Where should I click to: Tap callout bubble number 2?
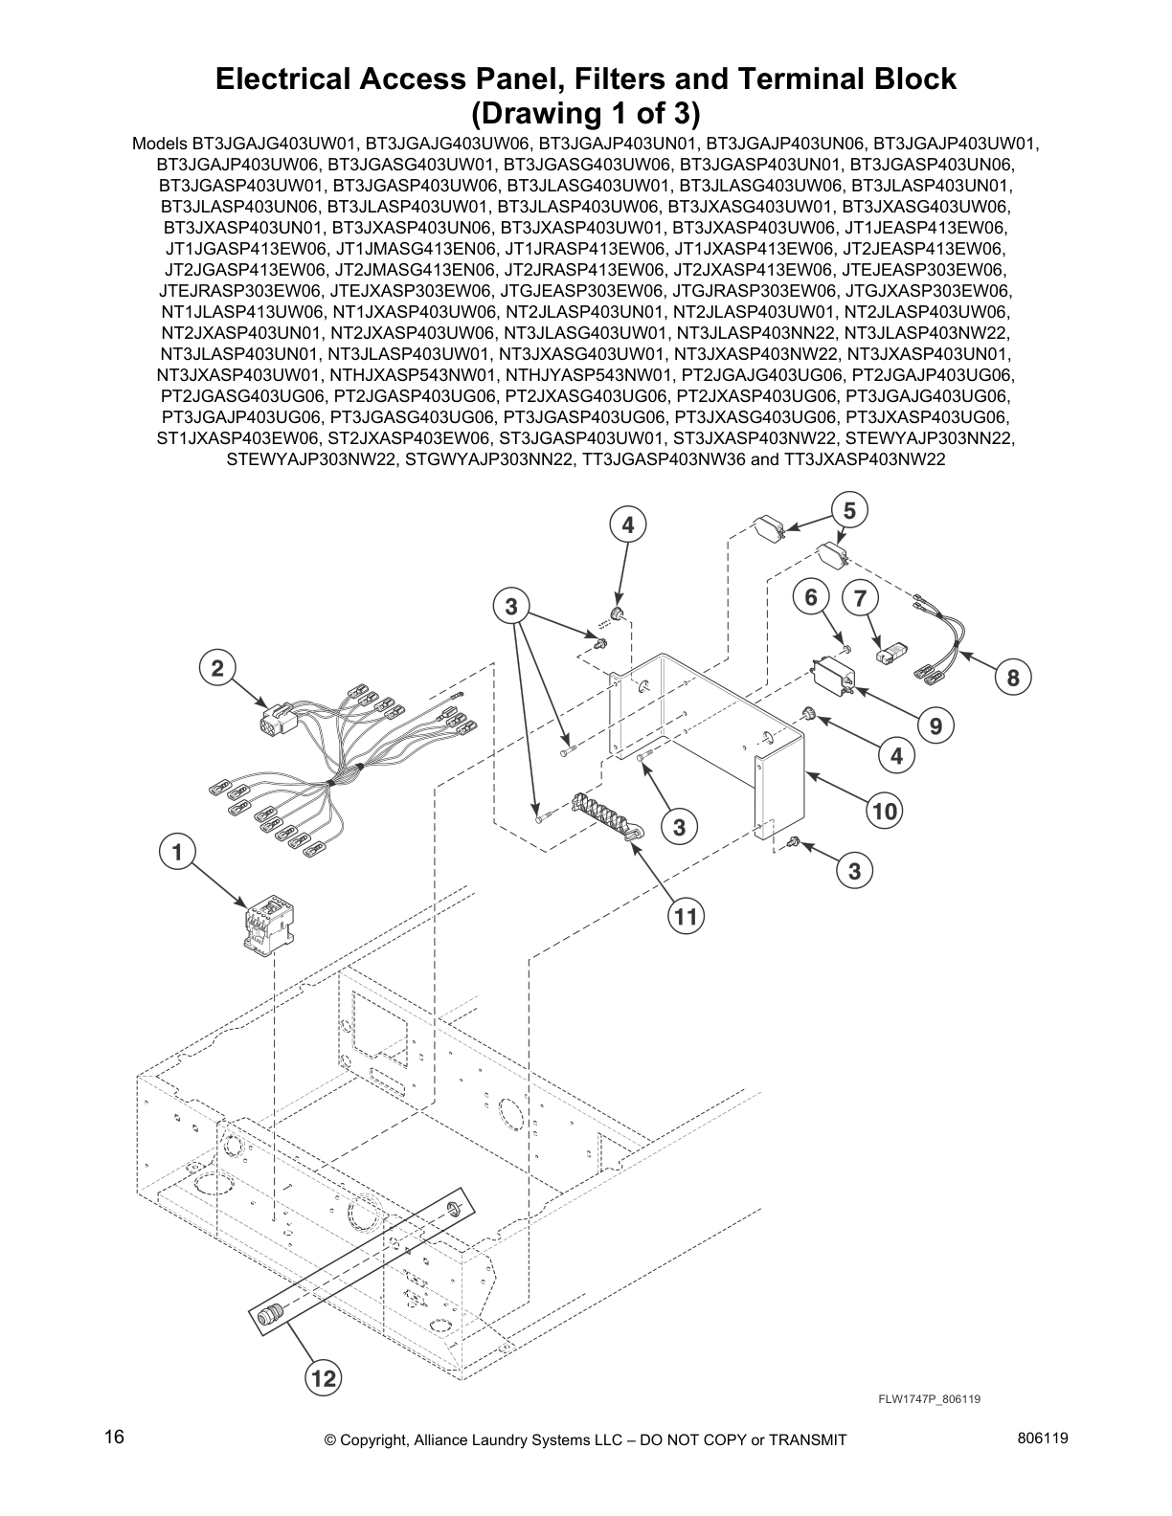(x=217, y=667)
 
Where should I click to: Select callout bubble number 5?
(x=848, y=509)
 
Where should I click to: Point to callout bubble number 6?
(x=811, y=597)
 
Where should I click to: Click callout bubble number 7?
(x=861, y=599)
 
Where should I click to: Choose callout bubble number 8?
(x=1013, y=679)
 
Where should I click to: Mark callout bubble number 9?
(x=935, y=725)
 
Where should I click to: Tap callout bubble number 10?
(x=885, y=812)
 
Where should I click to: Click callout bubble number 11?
(x=686, y=917)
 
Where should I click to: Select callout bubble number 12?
(x=324, y=1378)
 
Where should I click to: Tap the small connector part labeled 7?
(x=890, y=654)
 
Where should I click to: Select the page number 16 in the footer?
(x=114, y=1438)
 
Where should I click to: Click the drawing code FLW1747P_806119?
(x=929, y=1399)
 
